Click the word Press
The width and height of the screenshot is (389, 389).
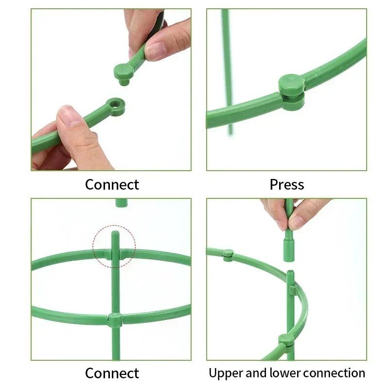coord(287,185)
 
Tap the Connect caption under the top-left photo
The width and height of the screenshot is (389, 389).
coord(112,185)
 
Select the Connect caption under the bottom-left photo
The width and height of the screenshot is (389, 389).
coord(112,373)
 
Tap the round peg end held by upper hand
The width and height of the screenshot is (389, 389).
coord(124,73)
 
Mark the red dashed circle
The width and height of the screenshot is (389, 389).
coord(114,246)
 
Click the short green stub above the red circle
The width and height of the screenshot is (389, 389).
coord(121,202)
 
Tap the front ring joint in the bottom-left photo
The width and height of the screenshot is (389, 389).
coord(115,320)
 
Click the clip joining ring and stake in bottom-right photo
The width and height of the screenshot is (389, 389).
coord(293,290)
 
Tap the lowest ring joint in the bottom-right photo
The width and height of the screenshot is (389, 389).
coord(286,340)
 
